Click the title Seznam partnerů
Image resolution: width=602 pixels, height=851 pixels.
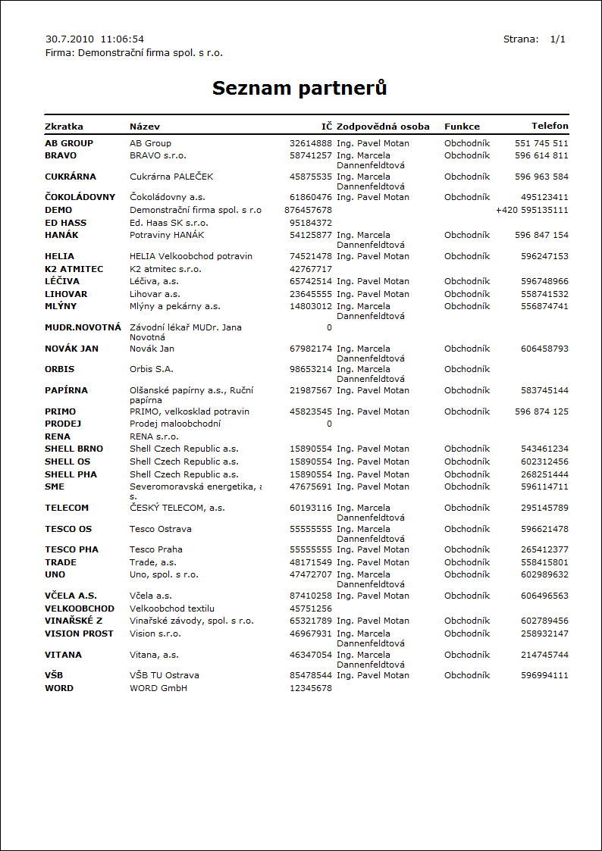click(299, 88)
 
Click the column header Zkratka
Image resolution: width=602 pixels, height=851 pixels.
click(64, 127)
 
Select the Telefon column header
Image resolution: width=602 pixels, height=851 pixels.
click(550, 126)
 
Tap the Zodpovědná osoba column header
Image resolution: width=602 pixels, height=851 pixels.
click(383, 127)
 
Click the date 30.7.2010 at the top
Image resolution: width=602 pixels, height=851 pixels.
click(70, 39)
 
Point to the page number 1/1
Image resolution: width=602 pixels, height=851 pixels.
click(558, 39)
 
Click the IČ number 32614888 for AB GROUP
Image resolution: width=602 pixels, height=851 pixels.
click(311, 143)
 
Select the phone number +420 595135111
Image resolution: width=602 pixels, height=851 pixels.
click(531, 210)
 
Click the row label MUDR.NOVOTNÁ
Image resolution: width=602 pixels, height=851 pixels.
click(83, 327)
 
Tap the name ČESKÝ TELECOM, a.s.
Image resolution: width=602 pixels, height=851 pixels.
click(177, 508)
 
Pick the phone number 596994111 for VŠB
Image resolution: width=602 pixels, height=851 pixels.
click(544, 675)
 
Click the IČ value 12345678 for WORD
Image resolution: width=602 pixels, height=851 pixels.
click(311, 688)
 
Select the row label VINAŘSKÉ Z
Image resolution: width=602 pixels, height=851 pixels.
click(74, 621)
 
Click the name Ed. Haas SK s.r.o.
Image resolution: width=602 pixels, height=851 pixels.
click(168, 223)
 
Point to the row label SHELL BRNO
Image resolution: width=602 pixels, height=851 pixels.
click(74, 449)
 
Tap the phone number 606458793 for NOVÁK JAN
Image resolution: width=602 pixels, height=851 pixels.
click(544, 349)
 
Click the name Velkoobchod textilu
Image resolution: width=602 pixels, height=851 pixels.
click(172, 609)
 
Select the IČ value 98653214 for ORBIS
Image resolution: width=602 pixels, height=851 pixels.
click(311, 369)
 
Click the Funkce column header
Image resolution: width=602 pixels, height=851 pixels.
click(462, 127)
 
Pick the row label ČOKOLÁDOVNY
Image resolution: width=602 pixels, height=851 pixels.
click(80, 197)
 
